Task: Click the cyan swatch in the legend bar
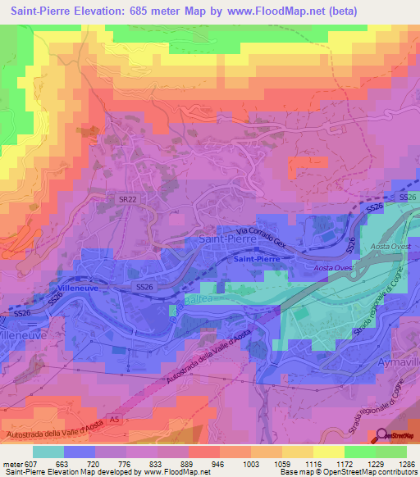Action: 48,452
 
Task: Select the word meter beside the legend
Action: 12,463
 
